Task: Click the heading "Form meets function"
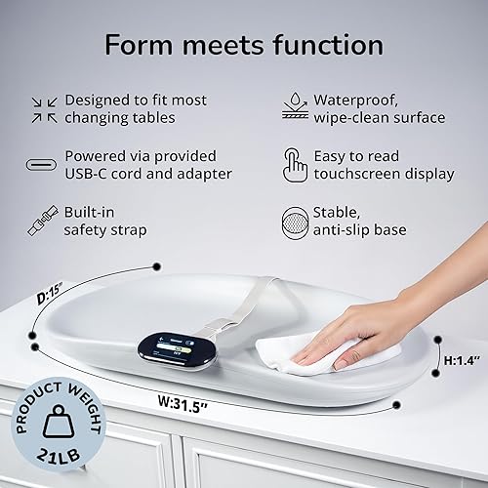point(244,44)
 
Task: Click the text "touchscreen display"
point(384,174)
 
